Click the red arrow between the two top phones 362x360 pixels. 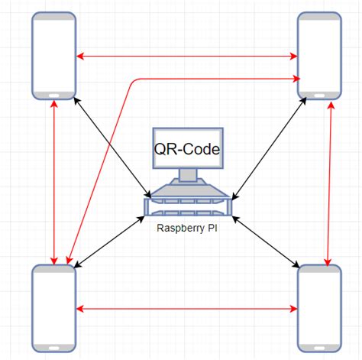pos(187,56)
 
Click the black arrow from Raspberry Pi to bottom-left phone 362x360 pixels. pos(111,241)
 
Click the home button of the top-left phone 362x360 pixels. pos(54,96)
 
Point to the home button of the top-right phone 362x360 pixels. pos(319,96)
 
